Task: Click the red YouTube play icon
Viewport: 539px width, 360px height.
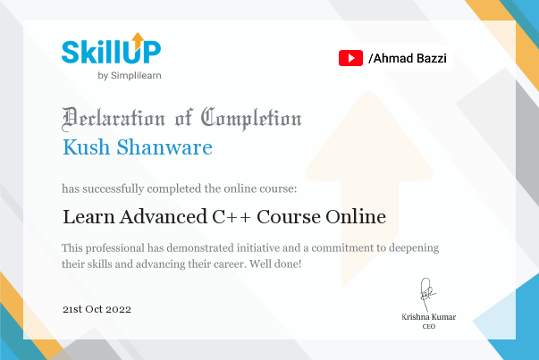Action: tap(350, 58)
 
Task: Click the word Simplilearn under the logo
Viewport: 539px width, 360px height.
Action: tap(136, 76)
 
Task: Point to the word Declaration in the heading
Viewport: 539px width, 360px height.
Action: tap(114, 119)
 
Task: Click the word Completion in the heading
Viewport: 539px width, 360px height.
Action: tap(251, 119)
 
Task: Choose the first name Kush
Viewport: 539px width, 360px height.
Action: tap(87, 147)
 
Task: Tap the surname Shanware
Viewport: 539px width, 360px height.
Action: tap(164, 147)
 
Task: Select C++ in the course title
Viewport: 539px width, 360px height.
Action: tap(232, 217)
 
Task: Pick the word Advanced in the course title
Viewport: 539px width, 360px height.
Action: tap(164, 217)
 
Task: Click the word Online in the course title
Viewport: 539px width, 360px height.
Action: tap(356, 217)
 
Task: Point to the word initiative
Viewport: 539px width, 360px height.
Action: tap(258, 247)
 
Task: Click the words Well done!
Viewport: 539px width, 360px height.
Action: tap(275, 264)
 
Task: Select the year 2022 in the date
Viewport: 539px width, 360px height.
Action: tap(118, 309)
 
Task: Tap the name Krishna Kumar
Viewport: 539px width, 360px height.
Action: tap(429, 317)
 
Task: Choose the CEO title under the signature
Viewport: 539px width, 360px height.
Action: tap(429, 326)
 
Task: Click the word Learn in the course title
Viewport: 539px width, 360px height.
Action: tap(88, 217)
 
